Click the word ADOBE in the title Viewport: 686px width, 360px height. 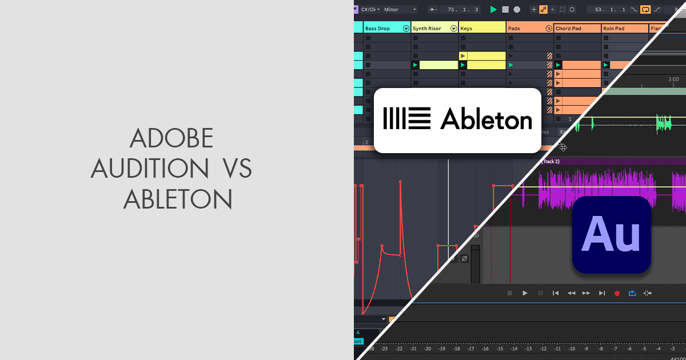pos(172,139)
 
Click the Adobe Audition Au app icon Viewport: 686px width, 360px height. pos(611,234)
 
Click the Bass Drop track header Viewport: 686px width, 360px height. pos(378,28)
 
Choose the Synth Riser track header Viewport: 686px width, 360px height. pos(427,28)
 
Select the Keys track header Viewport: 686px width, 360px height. pos(466,28)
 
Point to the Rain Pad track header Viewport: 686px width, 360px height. pos(615,28)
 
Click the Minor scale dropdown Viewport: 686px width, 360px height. pos(400,9)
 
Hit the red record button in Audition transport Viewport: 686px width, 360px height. pos(617,293)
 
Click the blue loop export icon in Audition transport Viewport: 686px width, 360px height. pos(632,293)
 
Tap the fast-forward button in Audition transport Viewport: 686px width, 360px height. pos(586,293)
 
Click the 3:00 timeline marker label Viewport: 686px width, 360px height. pos(673,79)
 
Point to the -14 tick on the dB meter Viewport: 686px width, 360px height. pos(514,348)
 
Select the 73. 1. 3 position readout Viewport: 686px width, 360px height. pos(460,9)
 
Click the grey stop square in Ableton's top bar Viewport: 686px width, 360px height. pos(505,9)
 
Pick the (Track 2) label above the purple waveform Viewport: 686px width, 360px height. pos(551,162)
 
